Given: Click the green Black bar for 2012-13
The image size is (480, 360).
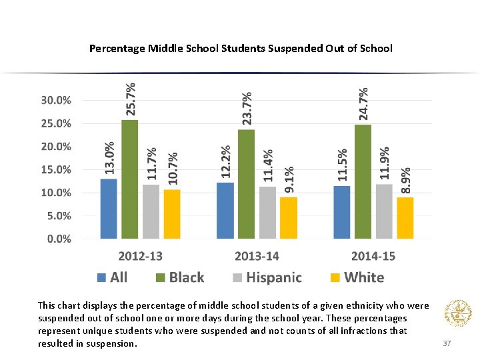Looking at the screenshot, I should (x=129, y=179).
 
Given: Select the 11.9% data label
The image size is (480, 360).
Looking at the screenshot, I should (x=385, y=163).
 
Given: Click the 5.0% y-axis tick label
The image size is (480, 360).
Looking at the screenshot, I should (x=59, y=216).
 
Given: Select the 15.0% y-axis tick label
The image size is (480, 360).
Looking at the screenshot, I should (x=59, y=170).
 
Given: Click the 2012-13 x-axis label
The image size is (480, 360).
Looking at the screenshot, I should (x=140, y=256).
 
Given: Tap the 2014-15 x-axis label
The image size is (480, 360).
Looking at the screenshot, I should (x=373, y=256).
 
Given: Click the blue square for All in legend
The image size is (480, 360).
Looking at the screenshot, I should (x=102, y=277).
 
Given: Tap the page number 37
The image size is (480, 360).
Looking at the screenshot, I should (x=447, y=343).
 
